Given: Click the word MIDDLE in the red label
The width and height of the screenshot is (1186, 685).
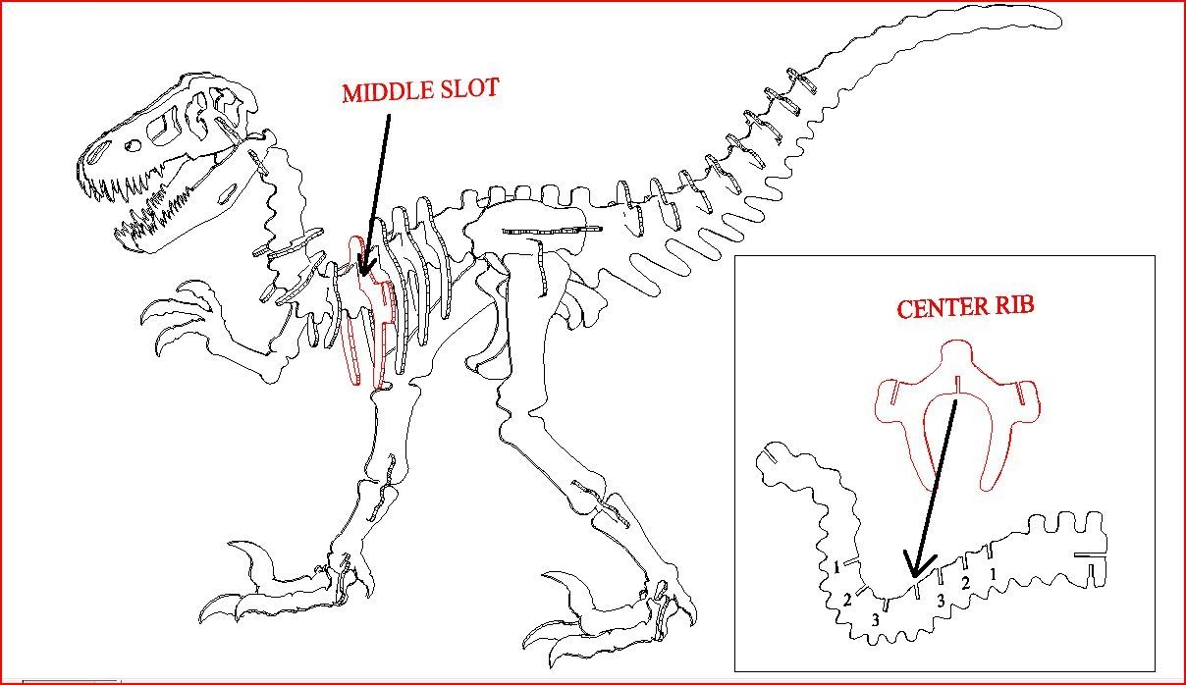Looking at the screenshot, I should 385,91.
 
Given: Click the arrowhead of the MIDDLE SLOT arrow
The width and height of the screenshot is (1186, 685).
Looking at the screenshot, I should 363,267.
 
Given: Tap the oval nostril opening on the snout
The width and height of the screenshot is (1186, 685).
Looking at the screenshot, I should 97,153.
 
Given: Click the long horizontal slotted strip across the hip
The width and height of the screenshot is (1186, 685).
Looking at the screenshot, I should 550,231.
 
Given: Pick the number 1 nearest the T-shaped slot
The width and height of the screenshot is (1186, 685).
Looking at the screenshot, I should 994,573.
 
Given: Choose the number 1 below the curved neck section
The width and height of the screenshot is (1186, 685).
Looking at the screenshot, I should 836,567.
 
